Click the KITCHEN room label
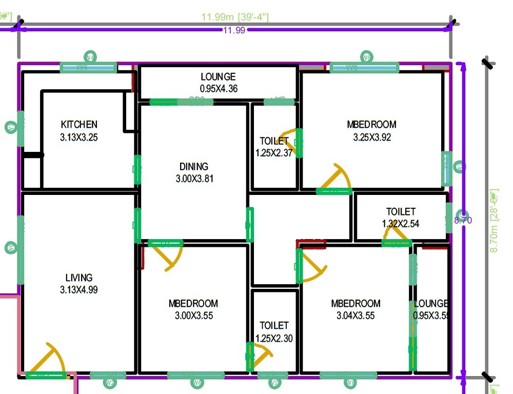(x=79, y=125)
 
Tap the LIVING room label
(x=79, y=278)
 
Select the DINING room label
(x=194, y=167)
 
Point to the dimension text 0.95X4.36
(x=218, y=89)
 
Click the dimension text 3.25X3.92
(x=371, y=137)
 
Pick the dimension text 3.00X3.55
(x=193, y=316)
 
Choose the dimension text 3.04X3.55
(x=356, y=316)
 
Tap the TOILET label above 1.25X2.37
(x=274, y=141)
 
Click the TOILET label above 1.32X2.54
(x=401, y=211)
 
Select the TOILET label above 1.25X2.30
(x=274, y=325)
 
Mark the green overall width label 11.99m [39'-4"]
(x=235, y=17)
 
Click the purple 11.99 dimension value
(x=234, y=30)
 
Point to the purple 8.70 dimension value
(x=463, y=221)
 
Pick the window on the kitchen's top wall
(x=88, y=68)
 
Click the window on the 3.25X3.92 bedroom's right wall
(x=447, y=168)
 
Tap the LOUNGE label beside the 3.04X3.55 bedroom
(x=431, y=303)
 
